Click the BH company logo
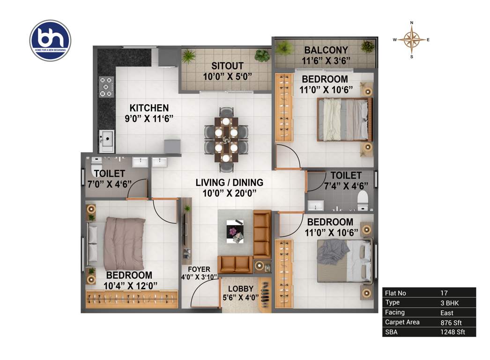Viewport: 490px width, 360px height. [50, 40]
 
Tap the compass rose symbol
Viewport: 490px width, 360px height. [411, 40]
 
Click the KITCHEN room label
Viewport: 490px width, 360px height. [149, 108]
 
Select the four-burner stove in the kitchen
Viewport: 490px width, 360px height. [107, 87]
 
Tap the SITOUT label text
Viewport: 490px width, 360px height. [227, 66]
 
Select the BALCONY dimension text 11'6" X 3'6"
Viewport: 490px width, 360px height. [326, 60]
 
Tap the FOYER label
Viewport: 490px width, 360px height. [199, 270]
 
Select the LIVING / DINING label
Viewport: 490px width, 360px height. [230, 182]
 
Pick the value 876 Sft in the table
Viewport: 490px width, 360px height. [450, 322]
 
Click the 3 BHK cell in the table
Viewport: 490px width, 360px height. [450, 302]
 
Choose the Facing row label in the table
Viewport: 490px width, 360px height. [394, 312]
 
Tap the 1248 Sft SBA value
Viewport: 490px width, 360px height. [452, 332]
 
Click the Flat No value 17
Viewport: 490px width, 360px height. [444, 293]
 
